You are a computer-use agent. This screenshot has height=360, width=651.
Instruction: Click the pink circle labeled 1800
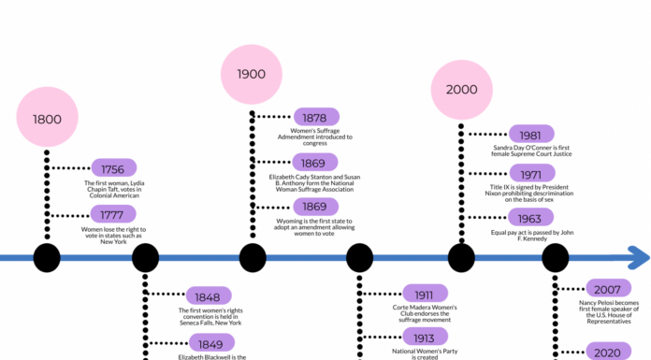(x=47, y=119)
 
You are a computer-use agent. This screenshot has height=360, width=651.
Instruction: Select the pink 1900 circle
(x=251, y=73)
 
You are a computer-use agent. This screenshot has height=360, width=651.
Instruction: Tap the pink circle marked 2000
(x=461, y=89)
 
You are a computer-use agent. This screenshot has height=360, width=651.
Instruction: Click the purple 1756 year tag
(x=113, y=168)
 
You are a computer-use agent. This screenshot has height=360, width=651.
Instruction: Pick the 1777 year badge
(x=113, y=214)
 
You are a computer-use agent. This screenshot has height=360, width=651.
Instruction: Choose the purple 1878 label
(x=316, y=117)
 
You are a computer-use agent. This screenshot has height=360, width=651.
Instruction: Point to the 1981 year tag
(x=530, y=134)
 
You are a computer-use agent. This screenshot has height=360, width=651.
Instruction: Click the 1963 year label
(x=530, y=218)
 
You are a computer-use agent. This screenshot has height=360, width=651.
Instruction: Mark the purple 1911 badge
(x=426, y=293)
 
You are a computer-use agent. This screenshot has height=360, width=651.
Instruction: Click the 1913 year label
(x=426, y=338)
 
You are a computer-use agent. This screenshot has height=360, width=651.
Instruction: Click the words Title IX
(x=502, y=187)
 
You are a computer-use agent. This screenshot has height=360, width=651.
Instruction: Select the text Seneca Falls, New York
(x=216, y=324)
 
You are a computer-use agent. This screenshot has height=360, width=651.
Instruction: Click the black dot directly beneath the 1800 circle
(x=47, y=256)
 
